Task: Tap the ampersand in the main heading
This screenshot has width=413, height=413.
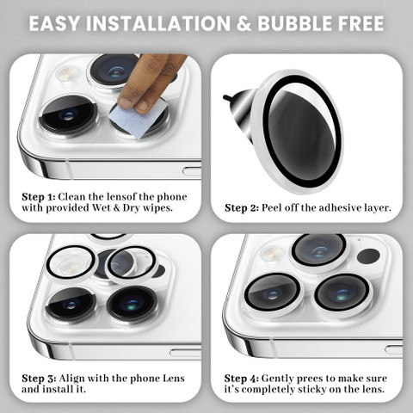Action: (243, 23)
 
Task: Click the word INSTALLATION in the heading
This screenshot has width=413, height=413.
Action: (158, 23)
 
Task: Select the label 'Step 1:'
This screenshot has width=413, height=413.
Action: (38, 197)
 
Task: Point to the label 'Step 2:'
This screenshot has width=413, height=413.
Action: (242, 208)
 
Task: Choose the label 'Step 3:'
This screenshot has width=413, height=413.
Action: (39, 379)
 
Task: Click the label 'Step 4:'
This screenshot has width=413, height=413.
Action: (242, 379)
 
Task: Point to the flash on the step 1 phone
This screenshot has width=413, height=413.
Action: (67, 73)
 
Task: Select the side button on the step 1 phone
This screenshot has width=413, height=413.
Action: (192, 171)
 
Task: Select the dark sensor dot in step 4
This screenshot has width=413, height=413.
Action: (368, 256)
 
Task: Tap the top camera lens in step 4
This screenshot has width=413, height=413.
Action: (319, 251)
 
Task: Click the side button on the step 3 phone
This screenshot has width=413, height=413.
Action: (185, 353)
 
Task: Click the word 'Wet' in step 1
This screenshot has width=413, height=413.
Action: (102, 207)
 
